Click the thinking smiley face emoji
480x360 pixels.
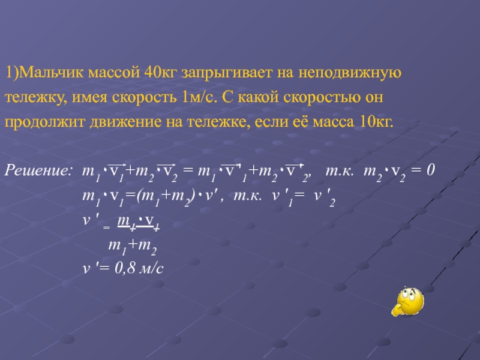click(x=407, y=302)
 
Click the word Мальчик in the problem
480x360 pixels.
click(x=51, y=73)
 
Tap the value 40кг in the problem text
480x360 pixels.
click(x=160, y=73)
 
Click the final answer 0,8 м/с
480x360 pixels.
click(x=139, y=268)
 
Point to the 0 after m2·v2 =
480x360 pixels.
click(x=431, y=170)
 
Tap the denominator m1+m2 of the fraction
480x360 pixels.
click(x=133, y=247)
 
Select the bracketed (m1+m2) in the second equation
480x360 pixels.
click(x=166, y=197)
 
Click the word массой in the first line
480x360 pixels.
click(x=113, y=74)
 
